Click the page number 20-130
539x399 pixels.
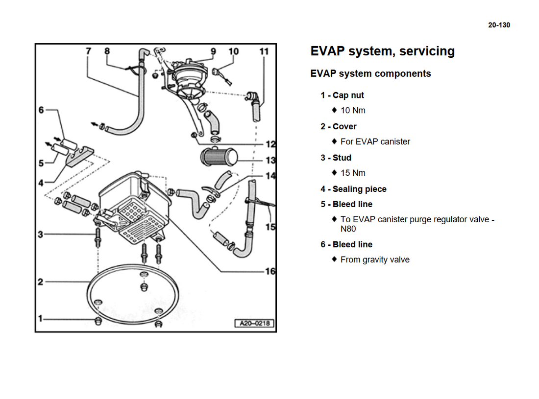pos(499,25)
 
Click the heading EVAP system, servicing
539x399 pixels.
pos(382,51)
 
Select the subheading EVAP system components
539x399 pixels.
pos(370,74)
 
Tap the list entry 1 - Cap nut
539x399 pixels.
pos(342,95)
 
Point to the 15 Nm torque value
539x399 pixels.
pos(353,173)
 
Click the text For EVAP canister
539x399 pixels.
pos(375,141)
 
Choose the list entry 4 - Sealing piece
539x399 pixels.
pos(353,189)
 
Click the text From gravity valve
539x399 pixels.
pos(375,259)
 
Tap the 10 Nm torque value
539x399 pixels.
pos(353,110)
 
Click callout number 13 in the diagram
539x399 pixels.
pos(270,160)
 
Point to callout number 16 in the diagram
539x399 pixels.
pos(270,271)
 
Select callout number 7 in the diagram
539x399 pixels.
pos(89,51)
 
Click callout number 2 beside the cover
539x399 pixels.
pos(41,282)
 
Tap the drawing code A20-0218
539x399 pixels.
pos(255,324)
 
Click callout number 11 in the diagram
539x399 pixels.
pos(264,51)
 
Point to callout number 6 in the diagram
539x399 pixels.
pos(41,110)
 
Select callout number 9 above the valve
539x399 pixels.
pos(213,51)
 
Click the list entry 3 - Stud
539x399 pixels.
pos(336,158)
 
